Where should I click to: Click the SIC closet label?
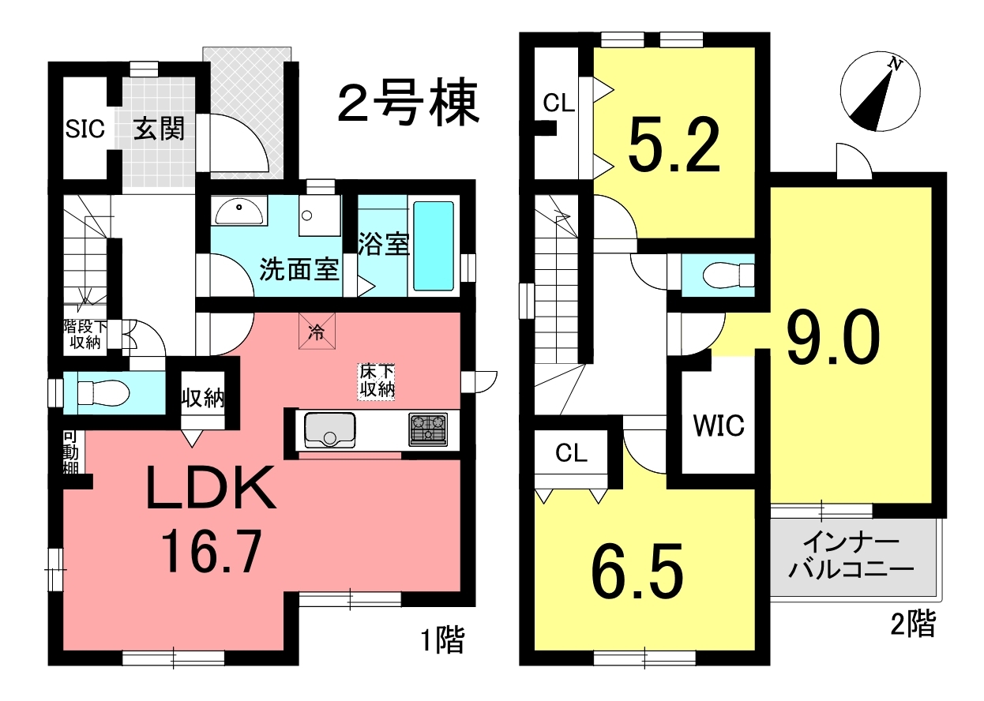pyautogui.click(x=85, y=129)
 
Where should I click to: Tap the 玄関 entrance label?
pyautogui.click(x=159, y=129)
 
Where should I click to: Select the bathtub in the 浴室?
pyautogui.click(x=434, y=246)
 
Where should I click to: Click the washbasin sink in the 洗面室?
pyautogui.click(x=239, y=211)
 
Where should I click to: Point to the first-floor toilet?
pyautogui.click(x=103, y=392)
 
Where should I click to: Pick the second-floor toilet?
pyautogui.click(x=728, y=275)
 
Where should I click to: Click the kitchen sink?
pyautogui.click(x=329, y=430)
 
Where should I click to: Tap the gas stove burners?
pyautogui.click(x=428, y=429)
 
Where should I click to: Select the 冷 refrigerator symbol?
pyautogui.click(x=317, y=331)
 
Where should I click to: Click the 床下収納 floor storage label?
pyautogui.click(x=377, y=380)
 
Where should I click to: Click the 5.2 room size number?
pyautogui.click(x=674, y=145)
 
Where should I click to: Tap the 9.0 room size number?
pyautogui.click(x=833, y=336)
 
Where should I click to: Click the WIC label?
pyautogui.click(x=719, y=425)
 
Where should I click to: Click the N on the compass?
pyautogui.click(x=895, y=65)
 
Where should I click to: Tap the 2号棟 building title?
pyautogui.click(x=408, y=103)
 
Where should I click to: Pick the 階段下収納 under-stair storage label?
pyautogui.click(x=85, y=335)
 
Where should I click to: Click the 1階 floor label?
pyautogui.click(x=443, y=640)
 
